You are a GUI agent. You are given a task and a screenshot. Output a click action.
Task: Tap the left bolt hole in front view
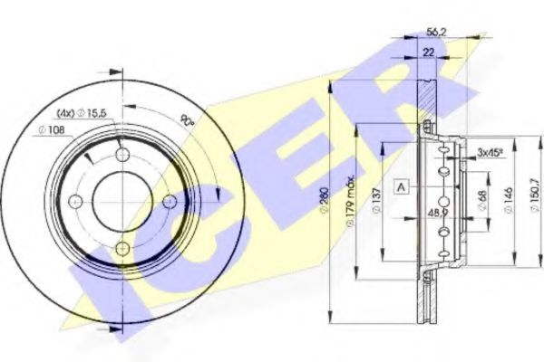[75, 201]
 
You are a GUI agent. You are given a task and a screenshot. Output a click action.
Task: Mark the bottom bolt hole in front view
[122, 247]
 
